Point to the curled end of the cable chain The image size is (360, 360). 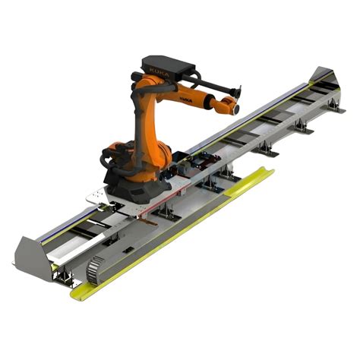[x=93, y=264]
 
